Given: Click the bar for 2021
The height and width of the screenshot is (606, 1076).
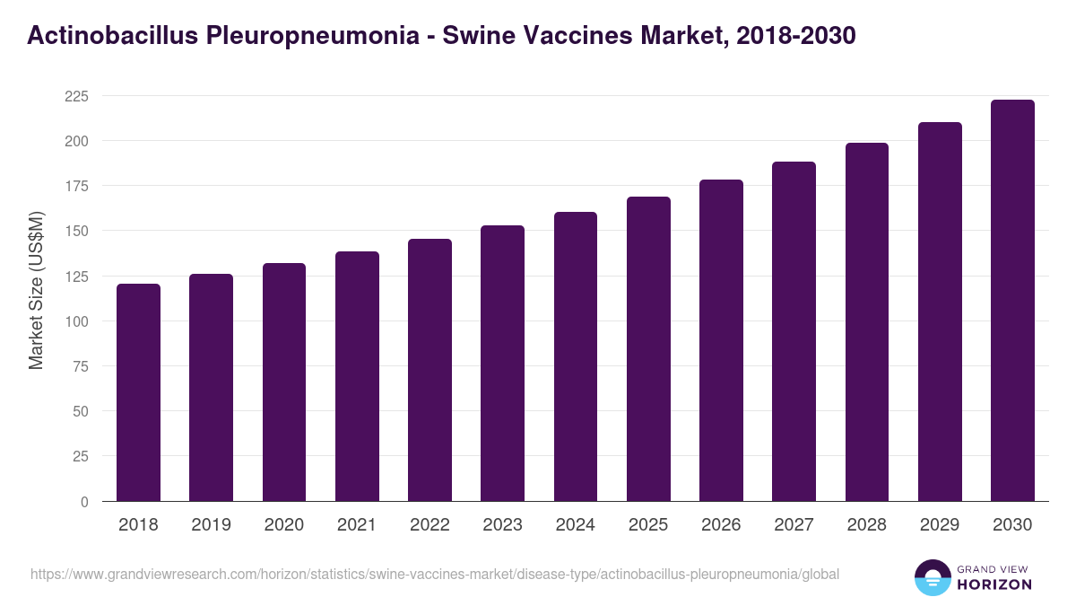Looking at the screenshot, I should [x=357, y=376].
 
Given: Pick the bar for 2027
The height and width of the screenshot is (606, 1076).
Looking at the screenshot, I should [x=794, y=331].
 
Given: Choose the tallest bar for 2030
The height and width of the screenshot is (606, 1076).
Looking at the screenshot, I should [x=1012, y=301].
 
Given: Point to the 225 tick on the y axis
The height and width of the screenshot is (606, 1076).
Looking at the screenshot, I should [x=76, y=96].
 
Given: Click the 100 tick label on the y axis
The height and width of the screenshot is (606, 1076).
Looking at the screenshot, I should [x=76, y=321].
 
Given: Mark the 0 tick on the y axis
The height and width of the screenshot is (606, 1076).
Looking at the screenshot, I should [x=84, y=502].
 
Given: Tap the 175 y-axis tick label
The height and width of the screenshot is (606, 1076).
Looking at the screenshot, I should [x=76, y=186].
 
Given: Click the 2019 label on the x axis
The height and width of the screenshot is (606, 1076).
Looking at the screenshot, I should [x=211, y=525].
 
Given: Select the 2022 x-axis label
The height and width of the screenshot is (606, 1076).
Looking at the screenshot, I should [x=430, y=525].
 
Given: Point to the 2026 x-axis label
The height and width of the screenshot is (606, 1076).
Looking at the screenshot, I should [x=721, y=525].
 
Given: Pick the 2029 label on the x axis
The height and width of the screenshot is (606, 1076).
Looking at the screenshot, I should [x=940, y=525].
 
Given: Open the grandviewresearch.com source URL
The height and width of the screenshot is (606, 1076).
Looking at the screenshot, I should [x=435, y=574].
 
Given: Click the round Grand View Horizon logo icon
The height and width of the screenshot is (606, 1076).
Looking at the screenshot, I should [x=933, y=577].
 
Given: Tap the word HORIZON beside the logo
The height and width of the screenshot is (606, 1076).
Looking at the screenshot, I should [x=995, y=584].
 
